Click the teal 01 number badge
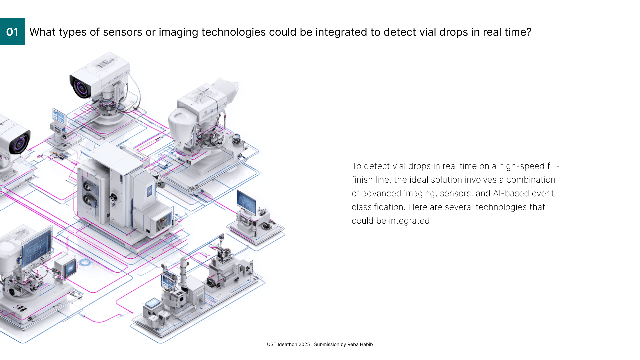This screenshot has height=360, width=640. [x=12, y=32]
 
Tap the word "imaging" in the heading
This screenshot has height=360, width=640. [x=178, y=32]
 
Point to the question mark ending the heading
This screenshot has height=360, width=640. [x=529, y=32]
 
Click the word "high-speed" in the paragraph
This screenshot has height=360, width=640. [x=522, y=166]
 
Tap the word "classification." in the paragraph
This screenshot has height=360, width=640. [x=378, y=207]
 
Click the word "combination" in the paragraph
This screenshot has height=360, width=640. [x=531, y=180]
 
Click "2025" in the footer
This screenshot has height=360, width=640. [x=304, y=344]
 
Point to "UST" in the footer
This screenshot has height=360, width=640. [x=271, y=344]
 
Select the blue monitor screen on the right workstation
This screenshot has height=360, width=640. [x=246, y=201]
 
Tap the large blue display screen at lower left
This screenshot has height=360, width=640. [x=37, y=243]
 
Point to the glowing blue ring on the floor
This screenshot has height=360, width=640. [x=85, y=263]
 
